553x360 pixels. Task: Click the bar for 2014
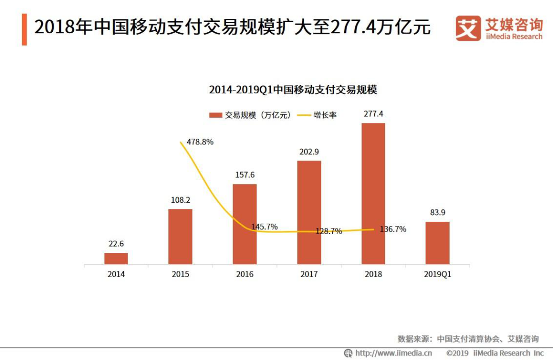click(x=116, y=259)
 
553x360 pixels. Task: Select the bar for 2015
click(x=180, y=237)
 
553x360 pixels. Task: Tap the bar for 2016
click(x=245, y=224)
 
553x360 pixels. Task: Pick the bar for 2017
click(x=309, y=213)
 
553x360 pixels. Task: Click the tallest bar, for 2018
click(x=373, y=194)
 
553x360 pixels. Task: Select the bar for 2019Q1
click(x=437, y=243)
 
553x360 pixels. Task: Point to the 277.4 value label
click(x=373, y=114)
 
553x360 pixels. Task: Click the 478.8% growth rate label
click(x=200, y=142)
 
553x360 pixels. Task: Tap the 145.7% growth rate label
click(x=264, y=226)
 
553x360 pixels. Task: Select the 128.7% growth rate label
click(x=328, y=231)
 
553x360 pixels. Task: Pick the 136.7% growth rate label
click(x=393, y=229)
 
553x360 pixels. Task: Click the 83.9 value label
click(x=437, y=213)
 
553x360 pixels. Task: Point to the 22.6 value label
click(x=116, y=243)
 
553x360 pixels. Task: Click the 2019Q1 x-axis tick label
click(x=437, y=274)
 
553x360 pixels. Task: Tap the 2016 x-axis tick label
click(x=245, y=274)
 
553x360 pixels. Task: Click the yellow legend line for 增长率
click(x=304, y=115)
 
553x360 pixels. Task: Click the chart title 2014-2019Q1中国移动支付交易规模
click(x=292, y=90)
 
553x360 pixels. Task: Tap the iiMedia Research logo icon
click(x=468, y=29)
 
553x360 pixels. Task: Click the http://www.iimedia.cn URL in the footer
click(x=393, y=353)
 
